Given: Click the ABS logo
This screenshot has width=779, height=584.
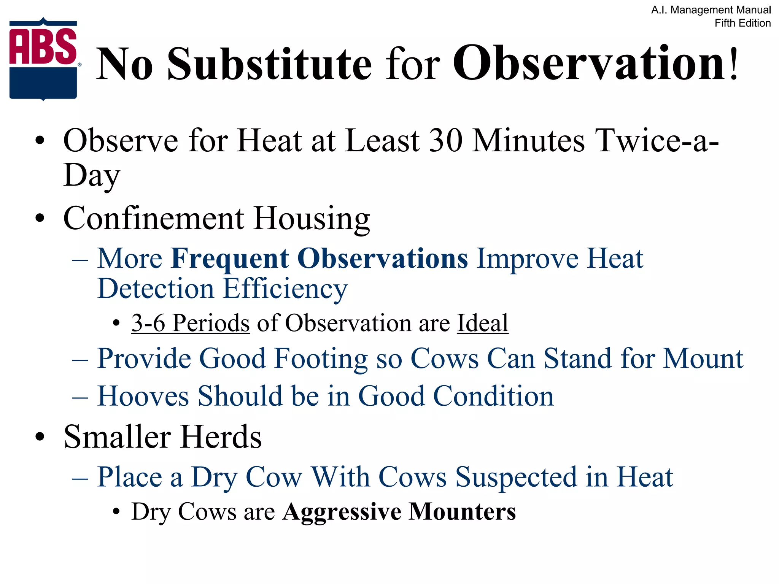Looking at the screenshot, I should tap(43, 59).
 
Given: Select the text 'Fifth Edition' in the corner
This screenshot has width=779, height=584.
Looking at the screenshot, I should tap(742, 23).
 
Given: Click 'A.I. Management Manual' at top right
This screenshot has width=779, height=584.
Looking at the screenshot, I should tap(711, 10).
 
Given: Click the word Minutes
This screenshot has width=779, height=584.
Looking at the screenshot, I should tap(529, 141).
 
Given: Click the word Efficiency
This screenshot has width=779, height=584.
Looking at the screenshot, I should tap(285, 289).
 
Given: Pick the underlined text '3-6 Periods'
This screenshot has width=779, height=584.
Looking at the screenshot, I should tap(191, 323).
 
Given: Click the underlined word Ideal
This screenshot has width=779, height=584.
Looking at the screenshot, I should tap(482, 323).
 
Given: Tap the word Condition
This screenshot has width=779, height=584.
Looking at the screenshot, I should tap(493, 396).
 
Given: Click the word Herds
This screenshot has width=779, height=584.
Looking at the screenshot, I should tap(221, 437).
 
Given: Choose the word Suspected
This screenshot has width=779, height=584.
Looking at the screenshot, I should tap(515, 477).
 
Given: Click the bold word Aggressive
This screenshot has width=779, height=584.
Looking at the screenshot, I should tap(342, 512).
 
